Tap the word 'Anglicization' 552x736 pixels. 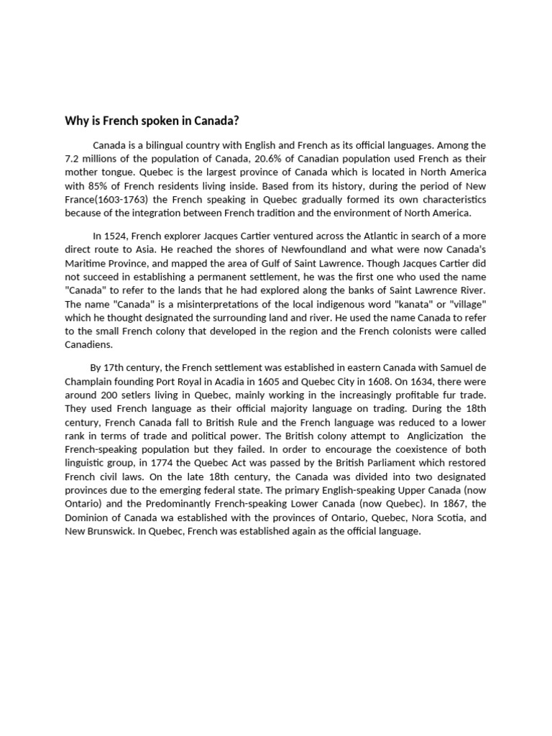pyautogui.click(x=438, y=436)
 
